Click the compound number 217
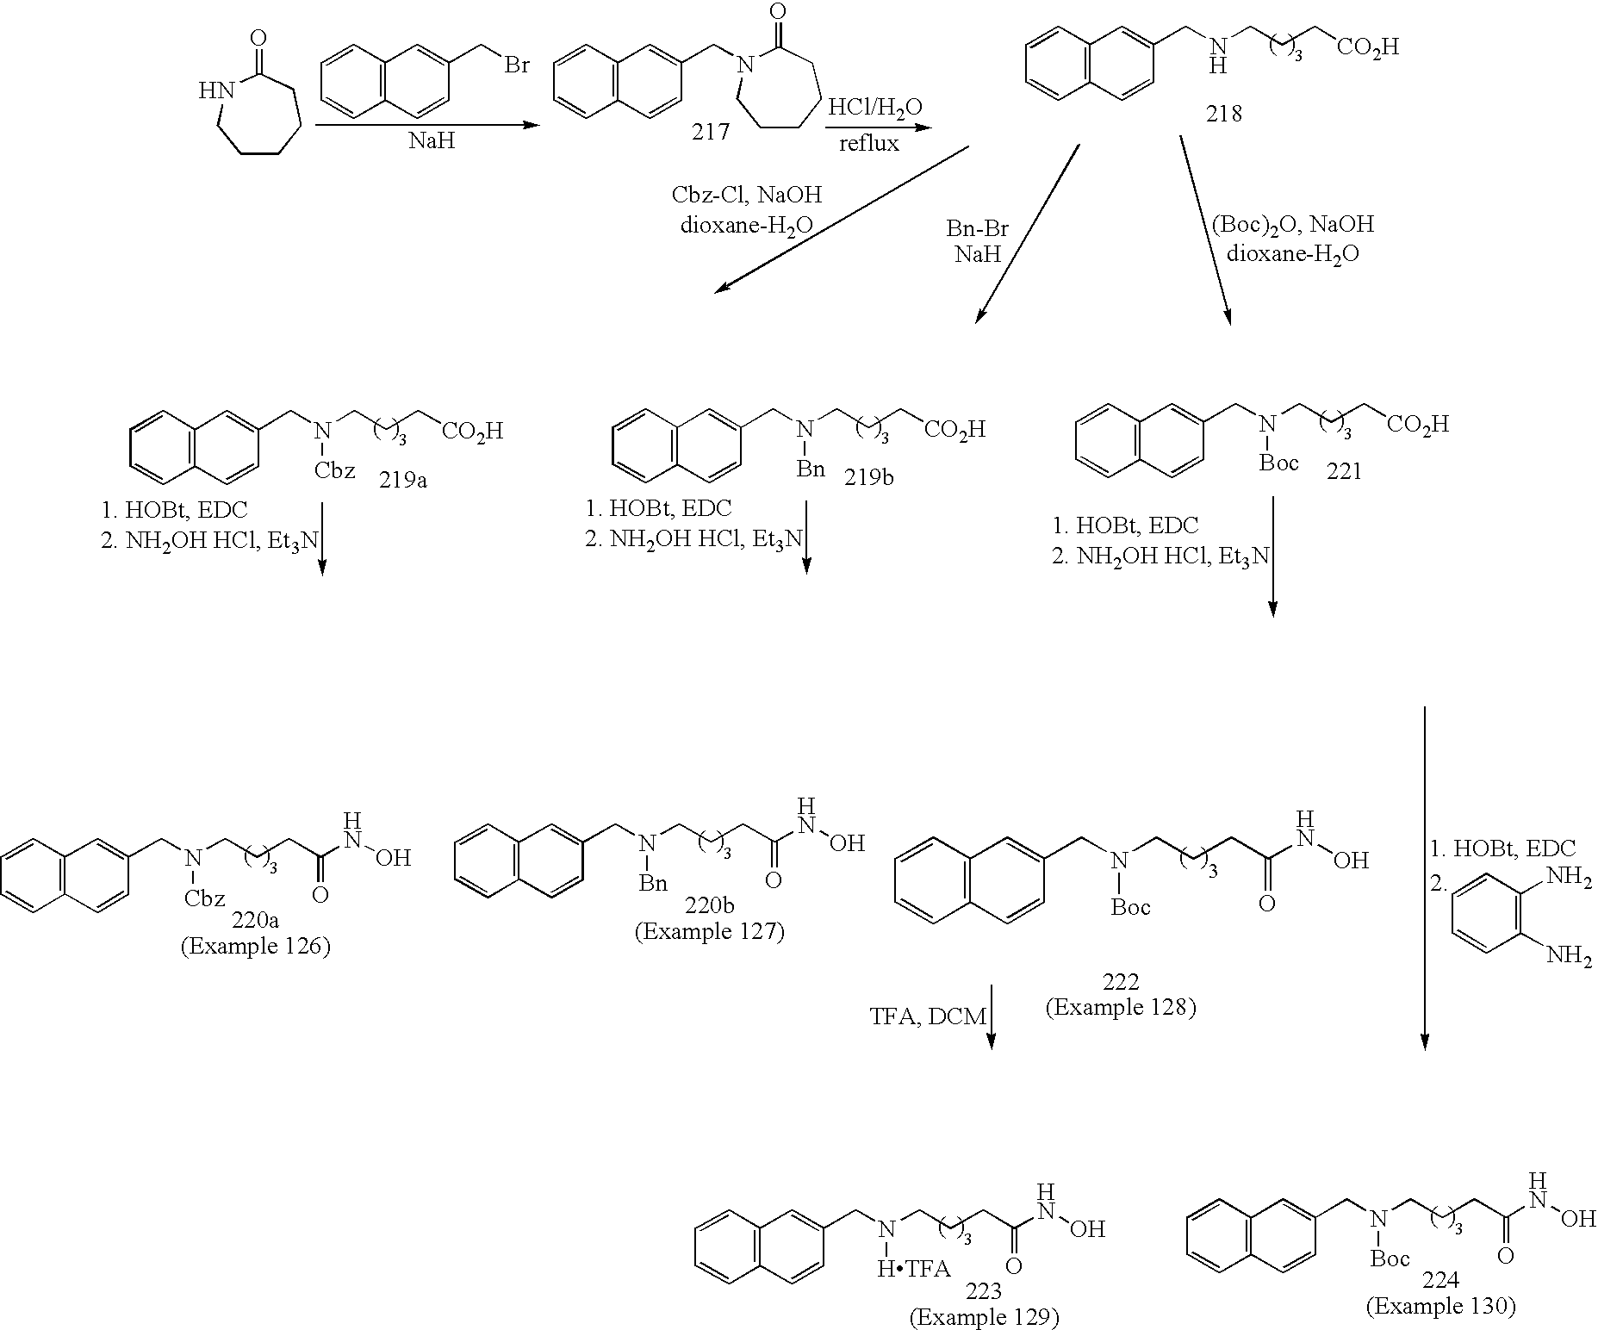pyautogui.click(x=710, y=132)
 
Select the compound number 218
pyautogui.click(x=1223, y=114)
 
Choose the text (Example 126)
pyautogui.click(x=255, y=946)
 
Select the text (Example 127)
pyautogui.click(x=710, y=932)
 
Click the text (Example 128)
pyautogui.click(x=1121, y=1007)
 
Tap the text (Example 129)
pyautogui.click(x=984, y=1317)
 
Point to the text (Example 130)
pyautogui.click(x=1440, y=1307)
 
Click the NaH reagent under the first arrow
pyautogui.click(x=432, y=141)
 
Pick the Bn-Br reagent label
pyautogui.click(x=977, y=230)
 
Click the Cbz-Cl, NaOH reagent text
pyautogui.click(x=746, y=195)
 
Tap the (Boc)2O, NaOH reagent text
pyautogui.click(x=1292, y=225)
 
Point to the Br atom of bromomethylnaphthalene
pyautogui.click(x=517, y=65)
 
